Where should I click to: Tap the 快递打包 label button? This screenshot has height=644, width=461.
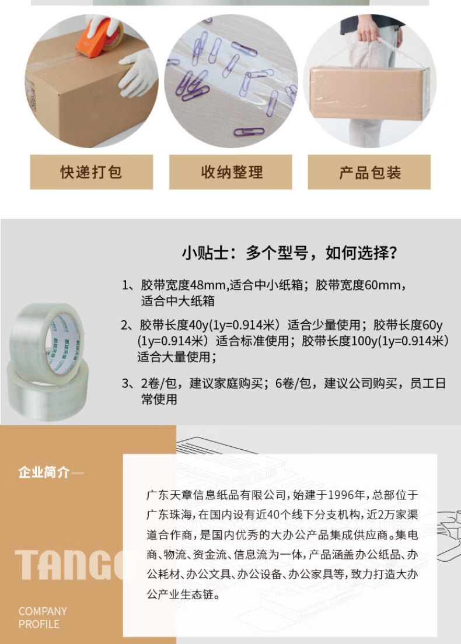(91, 172)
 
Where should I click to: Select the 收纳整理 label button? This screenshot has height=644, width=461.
(230, 172)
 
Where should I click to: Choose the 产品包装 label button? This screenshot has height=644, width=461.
(369, 172)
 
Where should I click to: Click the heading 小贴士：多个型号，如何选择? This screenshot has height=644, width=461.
(289, 253)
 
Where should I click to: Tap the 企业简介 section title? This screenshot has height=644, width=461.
(44, 473)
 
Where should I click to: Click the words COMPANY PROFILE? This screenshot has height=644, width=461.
(43, 618)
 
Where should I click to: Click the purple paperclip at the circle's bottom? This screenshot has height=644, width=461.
(249, 132)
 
